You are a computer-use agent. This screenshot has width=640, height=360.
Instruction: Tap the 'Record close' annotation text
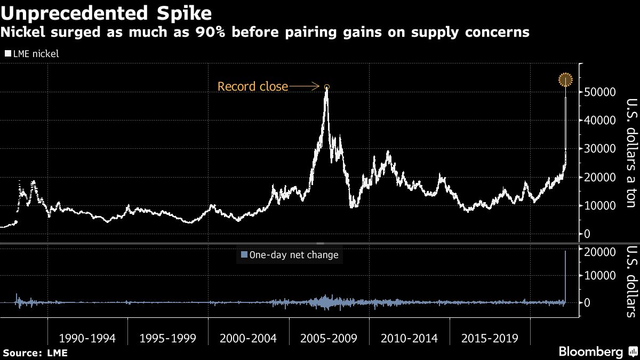252,86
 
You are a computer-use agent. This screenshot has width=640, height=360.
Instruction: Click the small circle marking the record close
327,86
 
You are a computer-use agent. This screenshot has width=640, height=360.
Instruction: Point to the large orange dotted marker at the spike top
565,80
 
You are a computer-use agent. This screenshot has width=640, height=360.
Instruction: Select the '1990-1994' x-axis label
87,339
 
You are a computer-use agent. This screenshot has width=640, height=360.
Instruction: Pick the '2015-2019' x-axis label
490,339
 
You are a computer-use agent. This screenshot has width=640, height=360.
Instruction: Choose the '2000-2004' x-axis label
249,339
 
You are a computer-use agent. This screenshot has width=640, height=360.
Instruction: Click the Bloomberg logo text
590,352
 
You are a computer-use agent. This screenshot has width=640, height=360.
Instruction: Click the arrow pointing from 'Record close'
306,86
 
